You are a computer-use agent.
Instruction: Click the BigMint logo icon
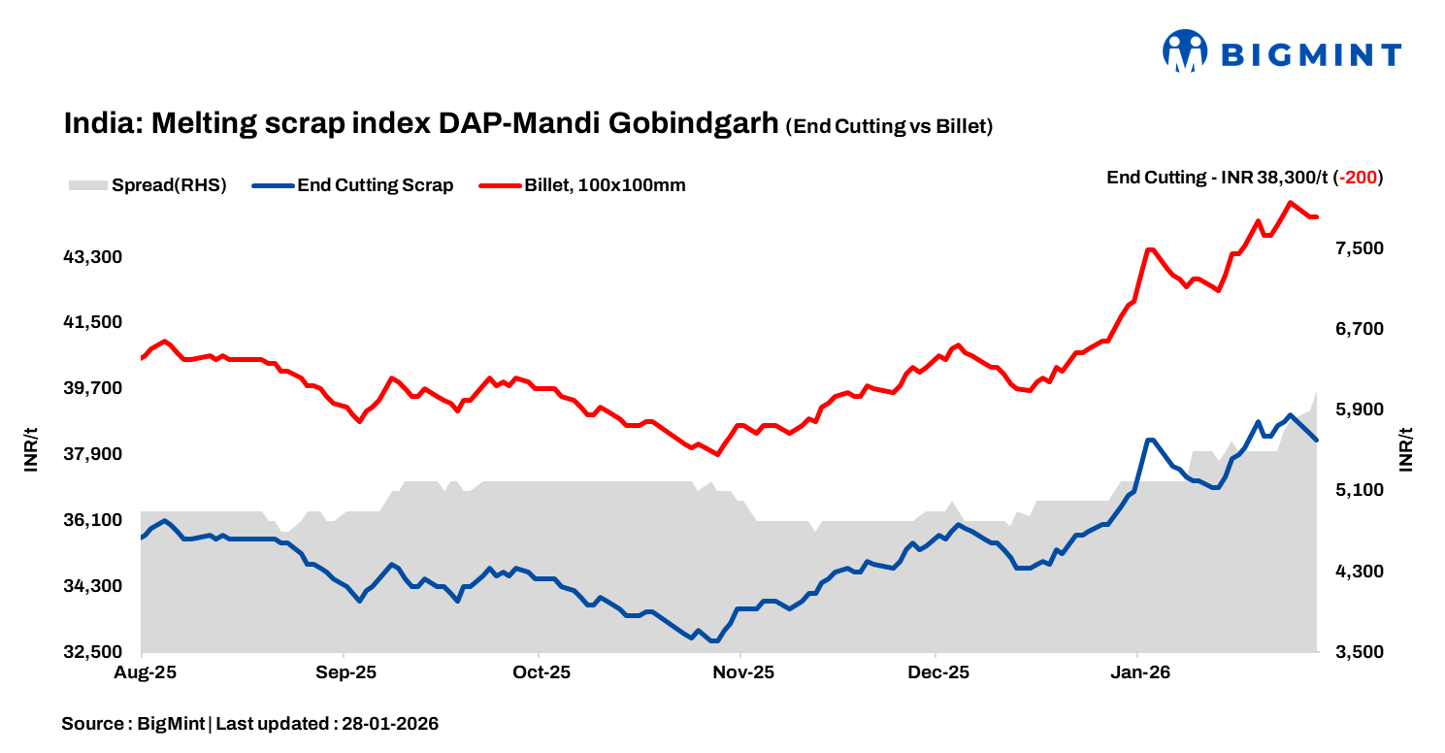[x=1185, y=51]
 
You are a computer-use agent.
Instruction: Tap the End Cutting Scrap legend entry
[x=352, y=185]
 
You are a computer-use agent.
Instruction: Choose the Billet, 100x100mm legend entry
[x=583, y=185]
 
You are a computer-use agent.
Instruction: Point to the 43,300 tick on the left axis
[x=93, y=257]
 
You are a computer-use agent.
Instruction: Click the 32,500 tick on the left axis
[x=93, y=652]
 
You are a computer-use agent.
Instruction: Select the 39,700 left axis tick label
[x=93, y=388]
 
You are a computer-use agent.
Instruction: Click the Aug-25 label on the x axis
[x=143, y=671]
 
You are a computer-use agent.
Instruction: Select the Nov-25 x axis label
[x=740, y=671]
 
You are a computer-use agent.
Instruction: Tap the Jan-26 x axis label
[x=1138, y=671]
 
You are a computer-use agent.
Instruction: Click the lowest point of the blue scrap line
[x=713, y=640]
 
